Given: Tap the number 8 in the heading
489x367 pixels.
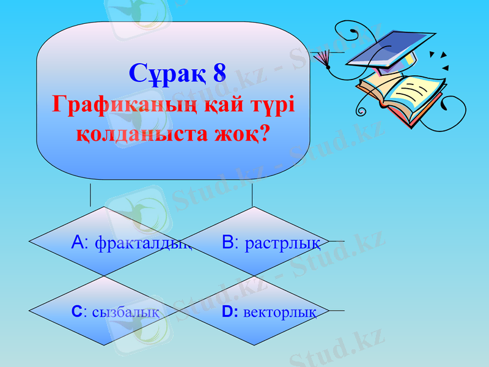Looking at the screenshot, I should (219, 74).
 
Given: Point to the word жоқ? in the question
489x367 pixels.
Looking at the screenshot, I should (240, 132).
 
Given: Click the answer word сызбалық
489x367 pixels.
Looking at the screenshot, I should (126, 313).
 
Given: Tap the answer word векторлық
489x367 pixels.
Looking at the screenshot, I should (279, 313).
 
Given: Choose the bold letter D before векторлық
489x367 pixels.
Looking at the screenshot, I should (227, 312).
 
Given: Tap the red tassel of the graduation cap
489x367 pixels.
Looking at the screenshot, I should (322, 58).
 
